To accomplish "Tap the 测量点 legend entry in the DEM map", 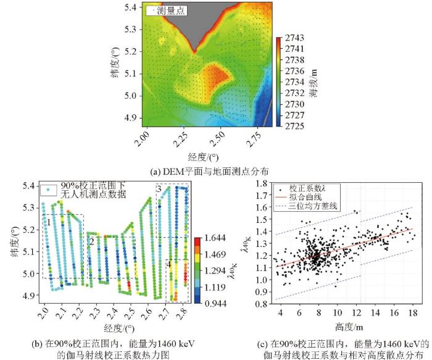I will (x=168, y=10).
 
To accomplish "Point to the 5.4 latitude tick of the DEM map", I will (x=131, y=7).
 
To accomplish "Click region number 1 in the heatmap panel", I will (x=48, y=220).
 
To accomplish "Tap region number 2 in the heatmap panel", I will (x=91, y=241).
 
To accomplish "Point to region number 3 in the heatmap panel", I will (x=159, y=188).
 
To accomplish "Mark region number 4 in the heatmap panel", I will (x=168, y=264).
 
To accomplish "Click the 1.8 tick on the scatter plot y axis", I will (x=264, y=183).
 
